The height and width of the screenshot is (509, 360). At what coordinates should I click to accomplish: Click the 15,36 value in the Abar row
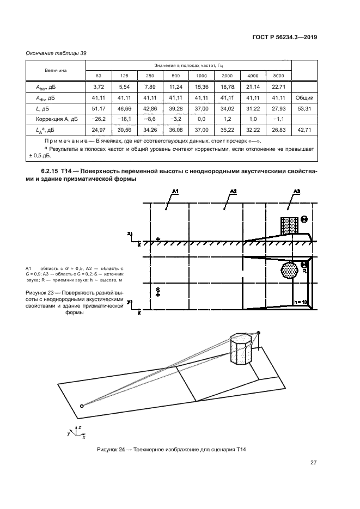tap(202, 86)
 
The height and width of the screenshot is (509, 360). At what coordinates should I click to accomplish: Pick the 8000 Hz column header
tap(278, 75)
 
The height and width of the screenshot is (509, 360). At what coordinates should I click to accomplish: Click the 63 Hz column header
tap(99, 75)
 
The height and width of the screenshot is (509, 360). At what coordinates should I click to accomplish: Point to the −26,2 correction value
tap(99, 120)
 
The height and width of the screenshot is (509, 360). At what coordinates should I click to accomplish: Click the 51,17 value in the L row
tap(99, 108)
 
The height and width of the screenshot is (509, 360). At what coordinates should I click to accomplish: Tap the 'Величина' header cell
tap(56, 70)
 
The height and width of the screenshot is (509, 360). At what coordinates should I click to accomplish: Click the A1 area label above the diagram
tap(175, 191)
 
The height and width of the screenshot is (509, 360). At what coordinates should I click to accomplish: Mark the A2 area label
tap(233, 191)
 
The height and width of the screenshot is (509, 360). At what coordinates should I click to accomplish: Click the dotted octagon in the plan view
tap(289, 269)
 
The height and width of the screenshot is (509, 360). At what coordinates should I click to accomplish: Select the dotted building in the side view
tap(289, 225)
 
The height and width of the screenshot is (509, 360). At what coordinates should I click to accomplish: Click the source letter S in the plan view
tap(157, 289)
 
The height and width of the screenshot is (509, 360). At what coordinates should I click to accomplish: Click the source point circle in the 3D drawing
tap(82, 406)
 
